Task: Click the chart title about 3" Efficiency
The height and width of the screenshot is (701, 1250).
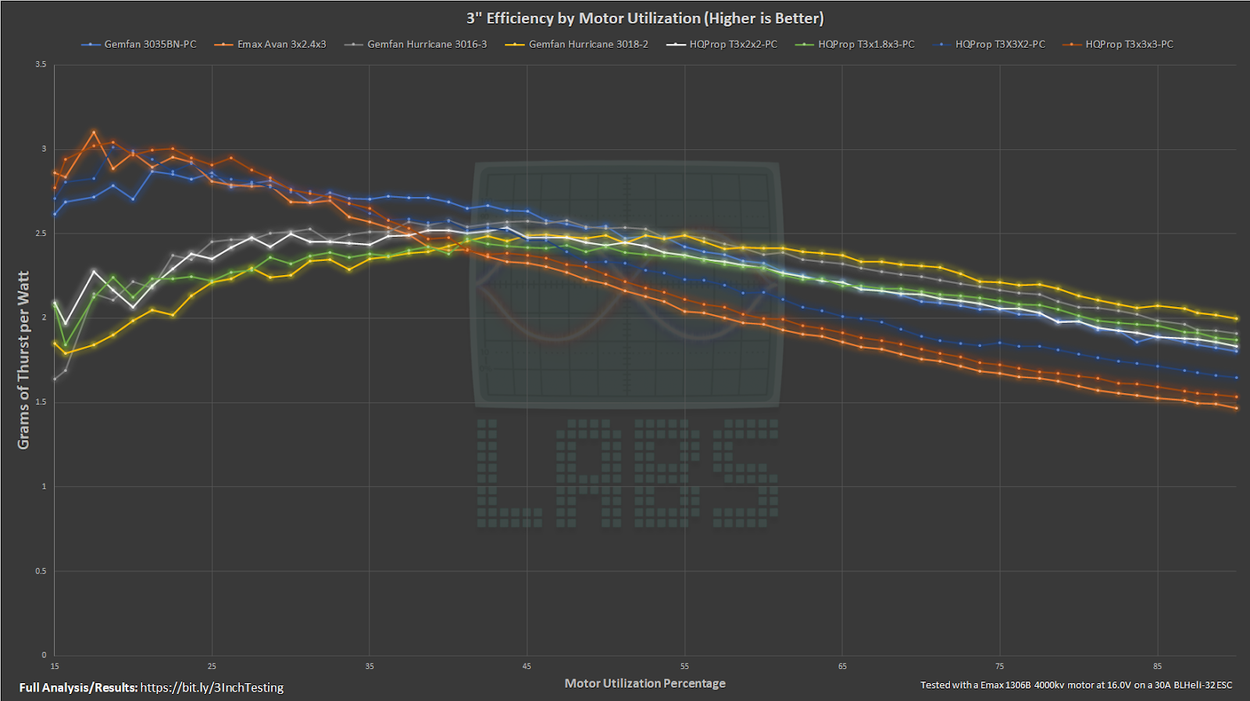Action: (645, 18)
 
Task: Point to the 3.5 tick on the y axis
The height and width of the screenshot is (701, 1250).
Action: (41, 64)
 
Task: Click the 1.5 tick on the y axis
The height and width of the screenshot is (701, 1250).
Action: (41, 402)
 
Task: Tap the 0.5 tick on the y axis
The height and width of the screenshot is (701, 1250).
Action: (41, 570)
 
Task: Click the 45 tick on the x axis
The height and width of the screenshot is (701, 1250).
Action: (527, 666)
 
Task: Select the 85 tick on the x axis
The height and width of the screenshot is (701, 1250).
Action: (1157, 666)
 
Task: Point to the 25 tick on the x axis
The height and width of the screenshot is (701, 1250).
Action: (212, 666)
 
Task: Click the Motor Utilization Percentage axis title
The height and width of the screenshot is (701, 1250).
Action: (645, 683)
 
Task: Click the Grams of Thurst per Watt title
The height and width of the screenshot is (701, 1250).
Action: (23, 359)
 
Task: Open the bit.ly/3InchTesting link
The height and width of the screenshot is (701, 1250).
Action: (212, 688)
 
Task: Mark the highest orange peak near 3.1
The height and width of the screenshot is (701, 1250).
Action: (94, 132)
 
